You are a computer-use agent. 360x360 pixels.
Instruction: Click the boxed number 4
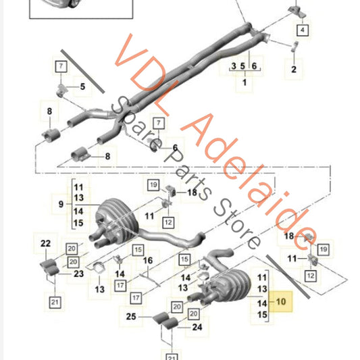pos(303,30)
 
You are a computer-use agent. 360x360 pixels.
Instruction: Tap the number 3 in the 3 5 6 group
pos(234,66)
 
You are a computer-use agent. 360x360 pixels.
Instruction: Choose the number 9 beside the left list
pos(61,204)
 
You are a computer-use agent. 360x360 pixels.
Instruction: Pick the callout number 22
pos(45,243)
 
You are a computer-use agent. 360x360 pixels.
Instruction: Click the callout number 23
pos(79,274)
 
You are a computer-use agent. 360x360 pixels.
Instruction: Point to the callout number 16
pos(148,260)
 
